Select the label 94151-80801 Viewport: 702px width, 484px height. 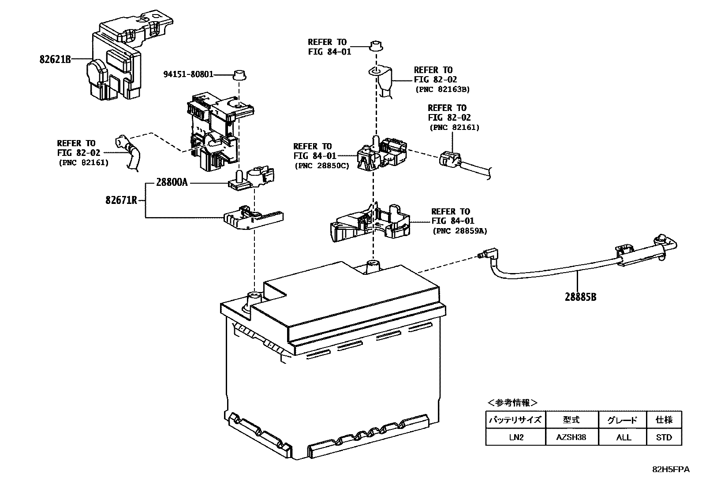click(188, 74)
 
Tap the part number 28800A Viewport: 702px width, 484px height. click(172, 182)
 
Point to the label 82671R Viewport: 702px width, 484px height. click(121, 200)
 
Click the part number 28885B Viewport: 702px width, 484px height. click(580, 297)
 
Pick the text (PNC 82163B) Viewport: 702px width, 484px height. click(442, 89)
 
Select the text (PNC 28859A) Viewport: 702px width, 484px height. click(459, 231)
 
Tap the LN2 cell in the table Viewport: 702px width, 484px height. click(515, 437)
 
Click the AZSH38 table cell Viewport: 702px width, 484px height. click(571, 437)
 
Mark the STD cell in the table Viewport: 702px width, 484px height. click(664, 437)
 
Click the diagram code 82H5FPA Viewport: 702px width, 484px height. click(671, 469)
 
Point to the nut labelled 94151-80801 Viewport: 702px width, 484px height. click(239, 75)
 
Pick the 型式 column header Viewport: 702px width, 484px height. click(571, 420)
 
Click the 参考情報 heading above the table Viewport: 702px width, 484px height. click(512, 403)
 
